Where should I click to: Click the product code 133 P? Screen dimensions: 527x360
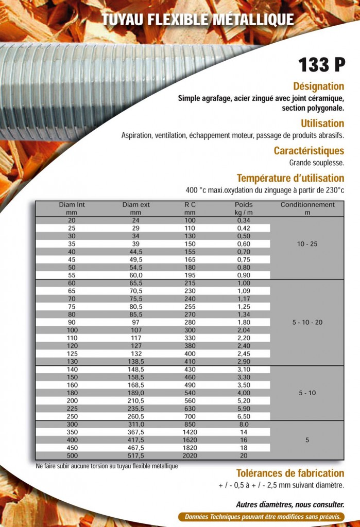coord(321,65)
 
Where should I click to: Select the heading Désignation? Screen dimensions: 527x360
coord(318,86)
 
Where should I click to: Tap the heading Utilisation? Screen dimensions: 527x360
coord(322,124)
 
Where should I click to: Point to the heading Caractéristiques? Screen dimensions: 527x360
coord(308,151)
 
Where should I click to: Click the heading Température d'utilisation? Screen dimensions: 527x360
coord(290,178)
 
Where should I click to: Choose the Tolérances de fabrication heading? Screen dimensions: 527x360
coord(290,473)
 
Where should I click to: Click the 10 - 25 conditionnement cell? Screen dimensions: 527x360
coord(307,244)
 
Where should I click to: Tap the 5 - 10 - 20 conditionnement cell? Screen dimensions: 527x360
coord(307,322)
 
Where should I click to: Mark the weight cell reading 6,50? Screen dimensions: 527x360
coord(244,416)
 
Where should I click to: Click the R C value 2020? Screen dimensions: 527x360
coord(190,455)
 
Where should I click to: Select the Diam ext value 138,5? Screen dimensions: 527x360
coord(136,362)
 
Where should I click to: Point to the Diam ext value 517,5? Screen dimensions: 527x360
coord(136,455)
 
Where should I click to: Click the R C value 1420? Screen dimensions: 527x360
coord(190,432)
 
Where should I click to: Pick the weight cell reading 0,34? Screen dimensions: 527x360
coord(244,220)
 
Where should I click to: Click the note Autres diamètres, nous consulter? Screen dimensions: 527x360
coord(290,505)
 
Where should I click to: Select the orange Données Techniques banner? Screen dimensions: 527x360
coord(263,517)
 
